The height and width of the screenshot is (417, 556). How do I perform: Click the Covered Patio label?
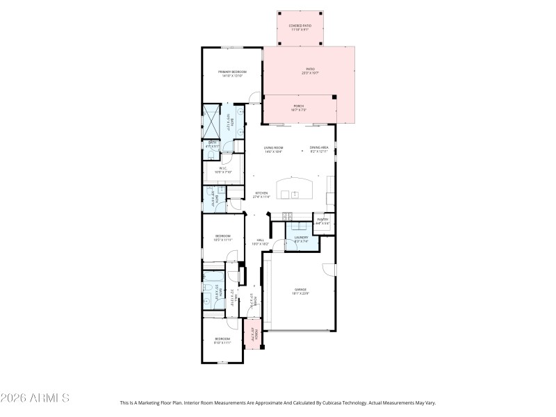click(x=300, y=27)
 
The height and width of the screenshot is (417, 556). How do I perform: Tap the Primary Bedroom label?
click(x=232, y=74)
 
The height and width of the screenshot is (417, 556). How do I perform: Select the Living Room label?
click(x=273, y=149)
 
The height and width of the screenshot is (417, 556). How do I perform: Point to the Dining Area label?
click(x=319, y=149)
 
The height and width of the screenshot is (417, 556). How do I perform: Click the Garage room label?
click(x=300, y=291)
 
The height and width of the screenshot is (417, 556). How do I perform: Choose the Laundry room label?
click(x=301, y=239)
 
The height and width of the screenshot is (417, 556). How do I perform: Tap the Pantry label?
click(x=322, y=221)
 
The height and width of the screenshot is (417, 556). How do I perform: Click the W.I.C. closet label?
click(x=224, y=169)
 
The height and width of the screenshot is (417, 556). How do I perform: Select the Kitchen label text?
click(x=261, y=195)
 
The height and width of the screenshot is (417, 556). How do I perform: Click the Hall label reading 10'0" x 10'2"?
click(x=259, y=243)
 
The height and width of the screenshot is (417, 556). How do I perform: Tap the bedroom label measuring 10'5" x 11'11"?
click(x=222, y=238)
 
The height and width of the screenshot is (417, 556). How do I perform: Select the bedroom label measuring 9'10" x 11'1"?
click(x=222, y=341)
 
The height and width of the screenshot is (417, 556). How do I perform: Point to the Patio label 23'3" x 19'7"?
click(x=310, y=70)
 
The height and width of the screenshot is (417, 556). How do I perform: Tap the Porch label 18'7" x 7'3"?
click(x=298, y=108)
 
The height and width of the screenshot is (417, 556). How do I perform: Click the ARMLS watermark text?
click(x=35, y=398)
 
